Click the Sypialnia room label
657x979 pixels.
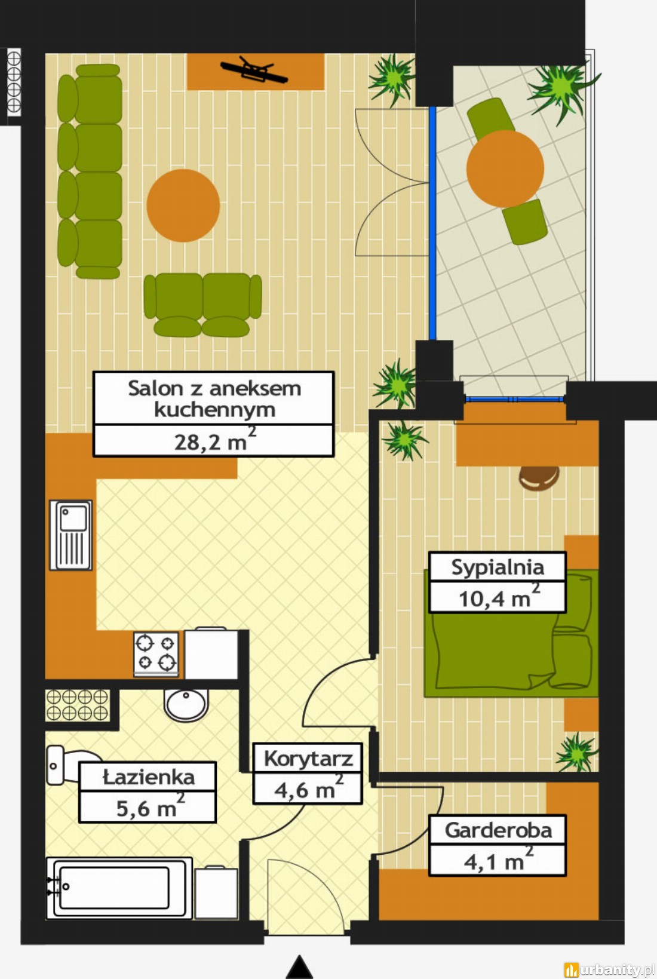click(498, 567)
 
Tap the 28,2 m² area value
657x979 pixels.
click(214, 441)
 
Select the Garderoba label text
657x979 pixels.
click(498, 830)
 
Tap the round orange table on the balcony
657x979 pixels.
click(505, 168)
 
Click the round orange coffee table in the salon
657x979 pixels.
click(183, 205)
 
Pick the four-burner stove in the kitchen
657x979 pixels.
click(156, 654)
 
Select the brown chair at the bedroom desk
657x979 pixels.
click(539, 478)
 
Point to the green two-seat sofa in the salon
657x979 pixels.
click(203, 305)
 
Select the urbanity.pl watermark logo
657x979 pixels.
click(610, 970)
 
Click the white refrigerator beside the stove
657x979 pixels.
click(211, 653)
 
